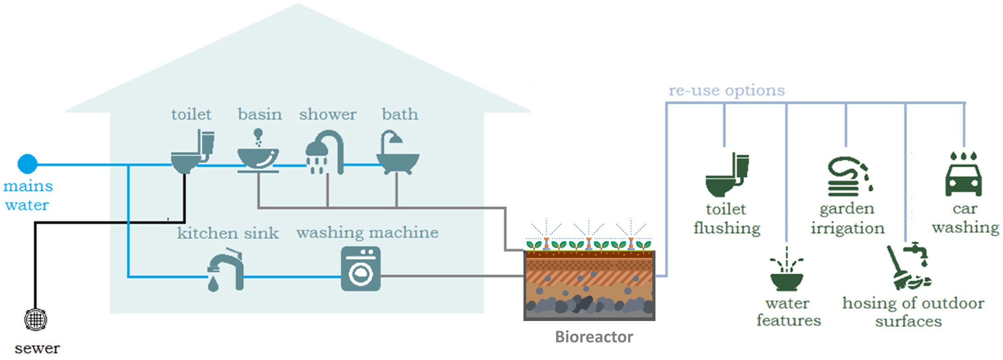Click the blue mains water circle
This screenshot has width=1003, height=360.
coord(27,164)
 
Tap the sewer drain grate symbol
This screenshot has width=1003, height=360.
coord(35,320)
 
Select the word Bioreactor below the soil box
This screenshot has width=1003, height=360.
coord(594,337)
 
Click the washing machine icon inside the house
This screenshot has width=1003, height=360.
coord(361,268)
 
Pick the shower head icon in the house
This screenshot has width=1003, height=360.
coord(325,153)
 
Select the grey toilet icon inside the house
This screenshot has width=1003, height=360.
coord(192,151)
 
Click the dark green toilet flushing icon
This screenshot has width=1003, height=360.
coord(727,175)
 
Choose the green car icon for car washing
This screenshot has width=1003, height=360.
coord(964,174)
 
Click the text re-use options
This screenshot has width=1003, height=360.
coord(727,90)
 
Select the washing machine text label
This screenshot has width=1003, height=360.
coord(368,233)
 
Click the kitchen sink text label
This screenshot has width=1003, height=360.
coord(228,233)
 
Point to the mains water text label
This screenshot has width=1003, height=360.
coord(28,195)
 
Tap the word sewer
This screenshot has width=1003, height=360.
coord(37,348)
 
